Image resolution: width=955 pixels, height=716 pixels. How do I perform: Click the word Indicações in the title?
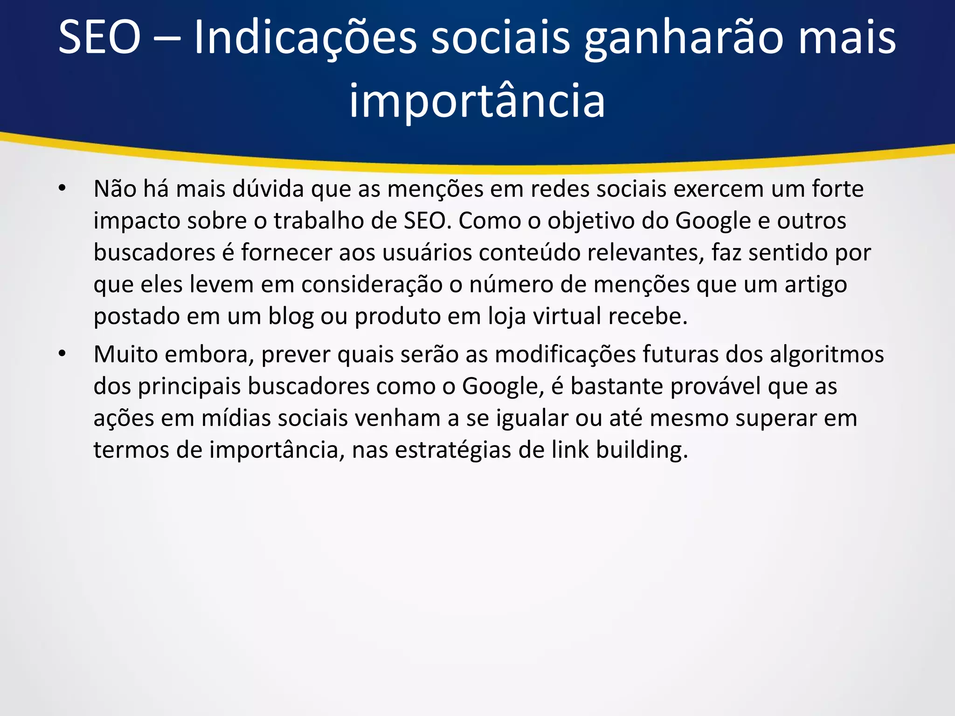304,38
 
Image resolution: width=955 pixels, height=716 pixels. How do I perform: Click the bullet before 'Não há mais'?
62,189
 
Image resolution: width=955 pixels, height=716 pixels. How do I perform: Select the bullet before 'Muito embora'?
62,354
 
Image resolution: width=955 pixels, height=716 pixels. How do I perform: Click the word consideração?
372,284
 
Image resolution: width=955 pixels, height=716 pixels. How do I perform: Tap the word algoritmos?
826,354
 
